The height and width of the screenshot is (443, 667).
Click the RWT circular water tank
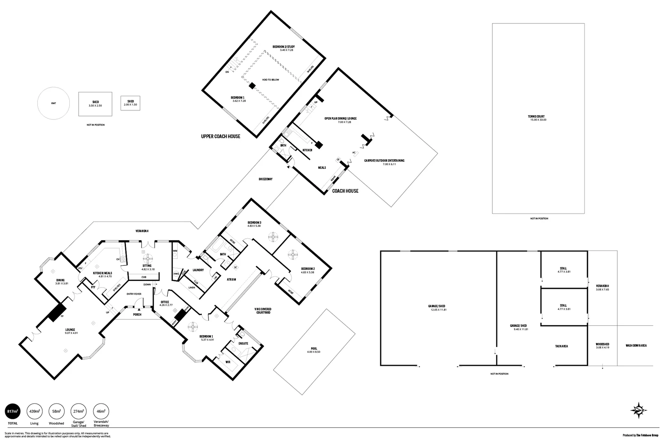(53, 103)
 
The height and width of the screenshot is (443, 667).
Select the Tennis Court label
(537, 116)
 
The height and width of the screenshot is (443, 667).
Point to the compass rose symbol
(639, 410)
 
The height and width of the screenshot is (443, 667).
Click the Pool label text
(314, 349)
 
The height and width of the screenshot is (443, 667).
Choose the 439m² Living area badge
(34, 411)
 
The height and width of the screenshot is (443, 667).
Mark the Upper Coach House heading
(220, 136)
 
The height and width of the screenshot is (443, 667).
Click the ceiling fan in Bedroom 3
(273, 237)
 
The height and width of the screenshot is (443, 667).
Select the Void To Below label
(270, 80)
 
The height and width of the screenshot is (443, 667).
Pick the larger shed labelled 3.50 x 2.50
(95, 103)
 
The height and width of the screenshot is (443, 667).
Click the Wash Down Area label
(636, 346)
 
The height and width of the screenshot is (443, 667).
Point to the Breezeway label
(265, 179)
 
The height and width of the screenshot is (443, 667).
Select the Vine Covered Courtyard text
(263, 311)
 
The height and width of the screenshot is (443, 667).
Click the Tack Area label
(561, 346)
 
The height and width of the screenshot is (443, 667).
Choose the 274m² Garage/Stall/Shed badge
(78, 411)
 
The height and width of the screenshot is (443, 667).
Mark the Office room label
(165, 302)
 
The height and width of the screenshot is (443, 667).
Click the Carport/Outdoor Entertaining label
(384, 160)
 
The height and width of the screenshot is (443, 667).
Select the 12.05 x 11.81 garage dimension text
(438, 310)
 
